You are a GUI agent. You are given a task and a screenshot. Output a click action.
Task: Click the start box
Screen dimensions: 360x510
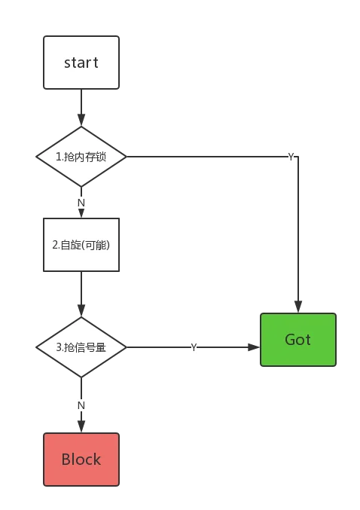pos(81,63)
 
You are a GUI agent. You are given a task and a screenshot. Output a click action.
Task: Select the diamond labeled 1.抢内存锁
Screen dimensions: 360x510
pos(81,157)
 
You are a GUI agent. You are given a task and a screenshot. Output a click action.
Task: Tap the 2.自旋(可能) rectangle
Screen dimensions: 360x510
pos(81,245)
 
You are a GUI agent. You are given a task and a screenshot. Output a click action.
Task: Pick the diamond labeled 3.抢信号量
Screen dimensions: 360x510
pos(81,347)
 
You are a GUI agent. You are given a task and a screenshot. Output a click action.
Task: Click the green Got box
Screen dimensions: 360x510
pos(298,340)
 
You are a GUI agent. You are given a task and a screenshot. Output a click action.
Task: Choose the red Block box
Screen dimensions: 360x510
pos(81,460)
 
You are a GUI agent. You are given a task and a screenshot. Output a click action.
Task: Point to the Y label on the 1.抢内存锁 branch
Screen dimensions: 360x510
pos(291,157)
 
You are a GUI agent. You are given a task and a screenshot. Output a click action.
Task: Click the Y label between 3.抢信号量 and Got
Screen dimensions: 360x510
pos(194,347)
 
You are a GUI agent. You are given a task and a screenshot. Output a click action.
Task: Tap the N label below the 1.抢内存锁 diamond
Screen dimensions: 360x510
pos(81,203)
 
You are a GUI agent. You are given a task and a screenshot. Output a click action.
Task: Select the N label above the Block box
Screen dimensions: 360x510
pos(81,405)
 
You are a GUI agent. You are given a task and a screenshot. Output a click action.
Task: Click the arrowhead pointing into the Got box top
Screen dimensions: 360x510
pos(298,307)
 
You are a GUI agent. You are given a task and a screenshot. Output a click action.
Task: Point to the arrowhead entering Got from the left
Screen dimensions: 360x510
pos(254,347)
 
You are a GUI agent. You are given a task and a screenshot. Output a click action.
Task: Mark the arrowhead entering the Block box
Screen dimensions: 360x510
pos(81,426)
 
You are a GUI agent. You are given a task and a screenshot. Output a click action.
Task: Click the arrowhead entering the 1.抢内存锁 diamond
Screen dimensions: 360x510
pos(81,120)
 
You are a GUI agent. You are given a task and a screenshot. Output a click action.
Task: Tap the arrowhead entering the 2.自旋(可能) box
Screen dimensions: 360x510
pos(81,213)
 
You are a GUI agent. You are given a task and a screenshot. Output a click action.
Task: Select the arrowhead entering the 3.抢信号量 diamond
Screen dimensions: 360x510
pos(81,310)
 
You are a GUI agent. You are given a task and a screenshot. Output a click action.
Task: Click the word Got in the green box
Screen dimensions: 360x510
pos(298,340)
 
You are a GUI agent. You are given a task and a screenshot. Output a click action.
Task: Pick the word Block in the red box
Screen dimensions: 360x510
pos(81,460)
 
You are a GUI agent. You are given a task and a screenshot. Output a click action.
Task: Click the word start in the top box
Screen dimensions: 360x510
pos(81,63)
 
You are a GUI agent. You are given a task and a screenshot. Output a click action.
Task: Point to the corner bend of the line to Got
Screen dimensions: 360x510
pos(298,157)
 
